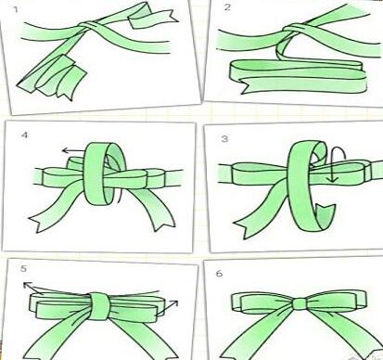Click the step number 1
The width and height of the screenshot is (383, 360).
pos(16,10)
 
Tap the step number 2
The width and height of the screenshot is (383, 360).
pos(227,6)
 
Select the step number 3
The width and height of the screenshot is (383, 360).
pos(224,138)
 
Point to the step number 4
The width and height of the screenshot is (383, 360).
pos(24,135)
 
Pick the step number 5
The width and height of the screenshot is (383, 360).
pos(24,268)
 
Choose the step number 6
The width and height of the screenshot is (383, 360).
pos(219,274)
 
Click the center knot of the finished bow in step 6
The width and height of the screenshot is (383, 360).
pos(300,304)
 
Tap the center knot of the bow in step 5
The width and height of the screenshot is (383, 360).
pos(99,306)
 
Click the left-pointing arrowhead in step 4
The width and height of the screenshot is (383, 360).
pos(65,150)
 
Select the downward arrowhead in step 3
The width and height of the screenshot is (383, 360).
pos(333,178)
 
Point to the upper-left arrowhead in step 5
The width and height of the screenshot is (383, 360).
pos(27,285)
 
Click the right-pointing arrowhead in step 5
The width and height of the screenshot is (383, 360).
pos(175,302)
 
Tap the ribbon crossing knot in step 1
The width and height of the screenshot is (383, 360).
pos(90,25)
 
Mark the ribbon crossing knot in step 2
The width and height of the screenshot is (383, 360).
pos(294,31)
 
